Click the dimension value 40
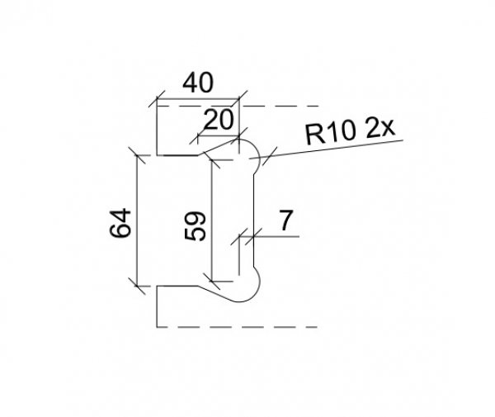point(198,83)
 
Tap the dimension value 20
point(218,121)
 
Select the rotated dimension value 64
point(121,223)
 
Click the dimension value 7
point(285,220)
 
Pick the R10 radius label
point(332,133)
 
